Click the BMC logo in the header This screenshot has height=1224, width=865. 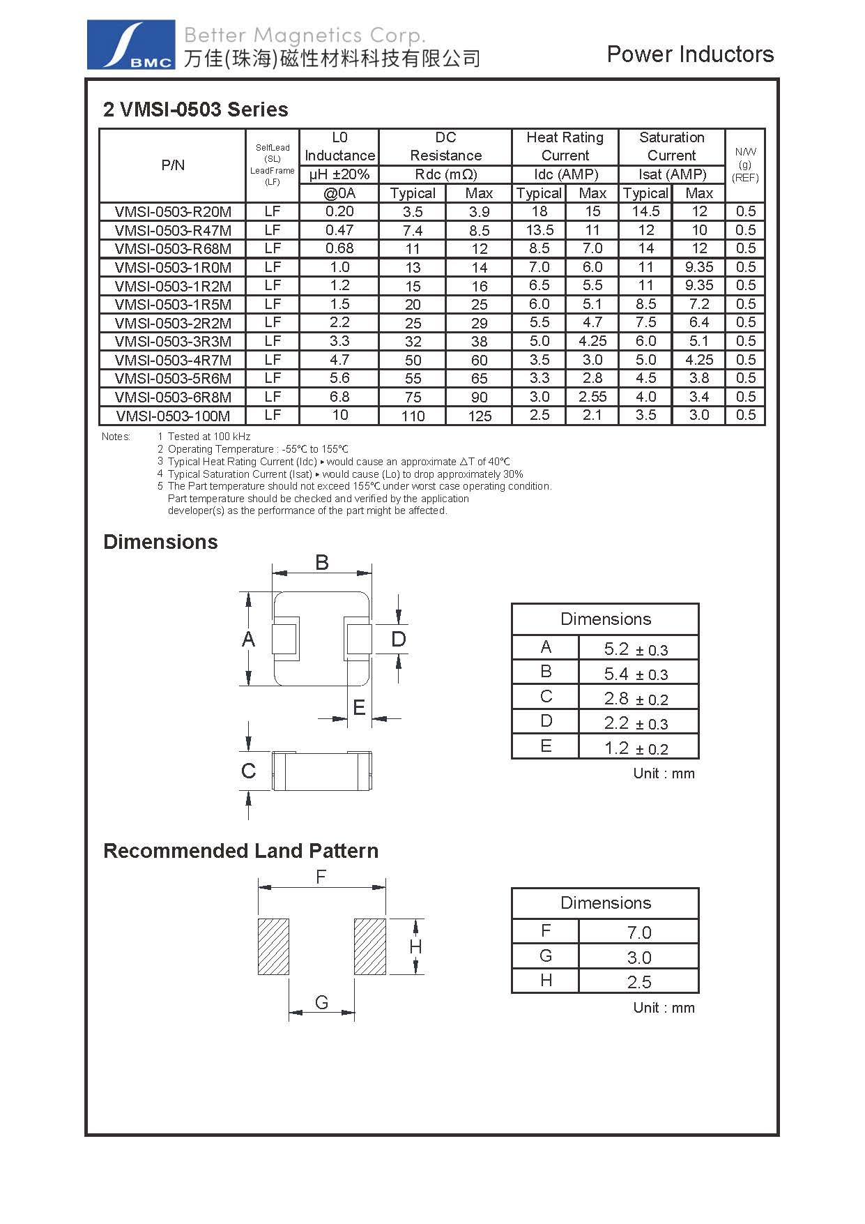click(130, 45)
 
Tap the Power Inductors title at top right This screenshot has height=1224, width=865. click(689, 54)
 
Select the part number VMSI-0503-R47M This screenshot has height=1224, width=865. click(173, 230)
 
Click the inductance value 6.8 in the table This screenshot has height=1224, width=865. click(339, 396)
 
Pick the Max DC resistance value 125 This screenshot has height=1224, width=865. click(480, 416)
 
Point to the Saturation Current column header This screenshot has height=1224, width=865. click(671, 146)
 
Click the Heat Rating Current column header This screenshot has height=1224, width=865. click(565, 146)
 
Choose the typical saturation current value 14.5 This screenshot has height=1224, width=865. click(645, 211)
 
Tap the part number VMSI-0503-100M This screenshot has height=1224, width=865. click(173, 416)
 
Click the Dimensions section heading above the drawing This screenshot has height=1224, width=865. click(160, 542)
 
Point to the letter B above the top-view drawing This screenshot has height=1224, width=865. click(321, 562)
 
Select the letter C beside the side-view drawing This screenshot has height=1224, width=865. click(248, 771)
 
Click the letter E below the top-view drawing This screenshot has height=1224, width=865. click(359, 708)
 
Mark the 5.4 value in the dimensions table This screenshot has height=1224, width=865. click(616, 673)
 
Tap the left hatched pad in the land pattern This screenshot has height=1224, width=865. click(273, 946)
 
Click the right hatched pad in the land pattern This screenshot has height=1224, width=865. click(369, 946)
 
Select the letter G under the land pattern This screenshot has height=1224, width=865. click(321, 1002)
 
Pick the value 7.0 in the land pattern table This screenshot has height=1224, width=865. click(638, 932)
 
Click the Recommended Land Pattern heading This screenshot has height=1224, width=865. click(240, 851)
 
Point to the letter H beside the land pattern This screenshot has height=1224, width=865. click(415, 946)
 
